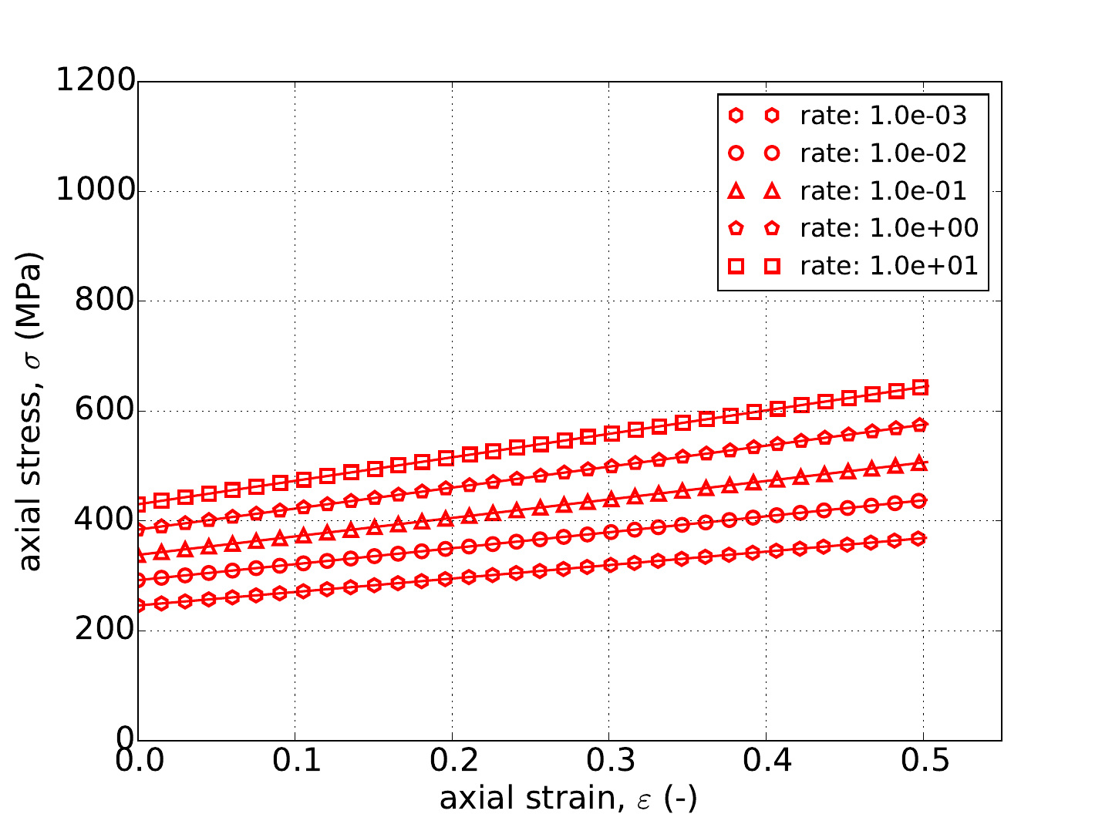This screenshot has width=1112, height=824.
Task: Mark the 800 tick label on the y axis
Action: [x=104, y=301]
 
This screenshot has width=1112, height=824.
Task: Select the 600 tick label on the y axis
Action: [x=104, y=411]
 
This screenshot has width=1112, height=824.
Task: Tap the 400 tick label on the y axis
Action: [x=104, y=520]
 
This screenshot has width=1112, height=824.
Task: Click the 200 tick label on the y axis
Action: [x=104, y=631]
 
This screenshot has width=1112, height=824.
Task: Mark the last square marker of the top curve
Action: [x=920, y=388]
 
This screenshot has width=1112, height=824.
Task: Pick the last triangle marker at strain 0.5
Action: [x=919, y=463]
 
